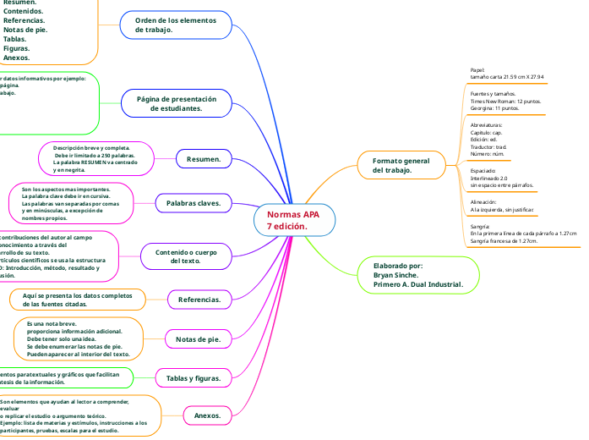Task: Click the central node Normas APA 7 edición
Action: point(294,220)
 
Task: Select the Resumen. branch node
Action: point(203,158)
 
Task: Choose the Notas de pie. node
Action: point(197,339)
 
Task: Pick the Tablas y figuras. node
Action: point(194,378)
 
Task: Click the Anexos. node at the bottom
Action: point(207,415)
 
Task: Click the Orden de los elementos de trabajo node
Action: point(177,25)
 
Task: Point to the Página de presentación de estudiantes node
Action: point(177,104)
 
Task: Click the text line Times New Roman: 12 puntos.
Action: point(505,101)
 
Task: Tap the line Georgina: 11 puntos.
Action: point(494,108)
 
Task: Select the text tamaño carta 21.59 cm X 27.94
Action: point(506,77)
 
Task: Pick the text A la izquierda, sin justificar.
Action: point(502,210)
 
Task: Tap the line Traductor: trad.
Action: point(488,147)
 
